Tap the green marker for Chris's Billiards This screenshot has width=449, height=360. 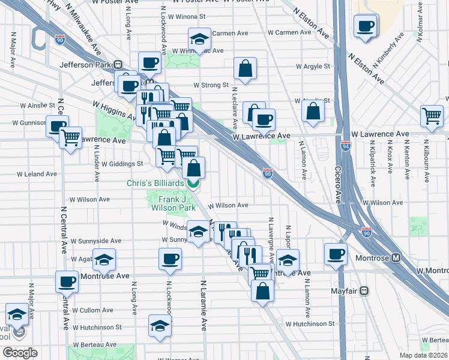pos(193,182)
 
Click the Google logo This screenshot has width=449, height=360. pos(20,352)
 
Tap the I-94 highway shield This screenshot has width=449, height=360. pos(345,146)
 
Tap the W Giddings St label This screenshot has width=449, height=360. pos(122,163)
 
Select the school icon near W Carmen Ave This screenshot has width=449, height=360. pos(199,38)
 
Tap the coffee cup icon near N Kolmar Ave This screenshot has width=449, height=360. pos(365,26)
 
